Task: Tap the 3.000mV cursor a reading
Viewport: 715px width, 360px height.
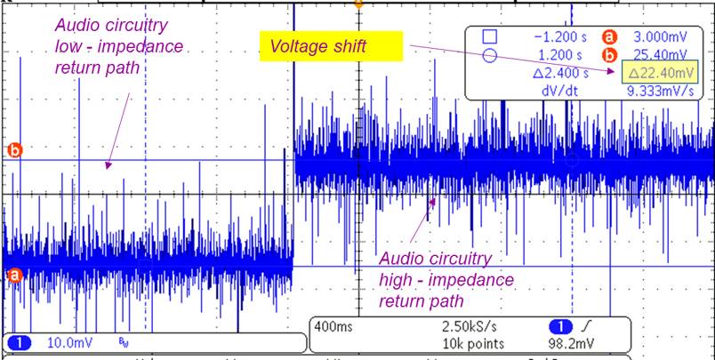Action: (663, 37)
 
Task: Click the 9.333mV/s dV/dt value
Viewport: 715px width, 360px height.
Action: (661, 90)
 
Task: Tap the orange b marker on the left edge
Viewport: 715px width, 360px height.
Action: (14, 150)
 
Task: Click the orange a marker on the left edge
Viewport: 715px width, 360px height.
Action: (14, 276)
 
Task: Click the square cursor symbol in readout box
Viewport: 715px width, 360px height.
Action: (488, 37)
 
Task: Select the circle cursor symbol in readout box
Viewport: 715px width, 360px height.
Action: (488, 55)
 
